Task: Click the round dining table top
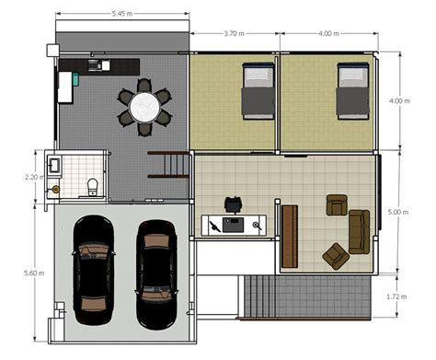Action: pos(144,107)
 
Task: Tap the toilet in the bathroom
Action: pos(91,188)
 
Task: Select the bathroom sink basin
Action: pos(54,165)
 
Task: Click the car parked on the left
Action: pos(91,268)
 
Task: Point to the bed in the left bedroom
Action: pos(258,90)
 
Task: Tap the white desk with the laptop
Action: pos(234,224)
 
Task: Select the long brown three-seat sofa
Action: pos(358,231)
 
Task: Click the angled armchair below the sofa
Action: pos(336,255)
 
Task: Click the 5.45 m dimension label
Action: pos(120,14)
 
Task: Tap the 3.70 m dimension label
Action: pos(235,33)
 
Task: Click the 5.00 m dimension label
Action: pos(397,213)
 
